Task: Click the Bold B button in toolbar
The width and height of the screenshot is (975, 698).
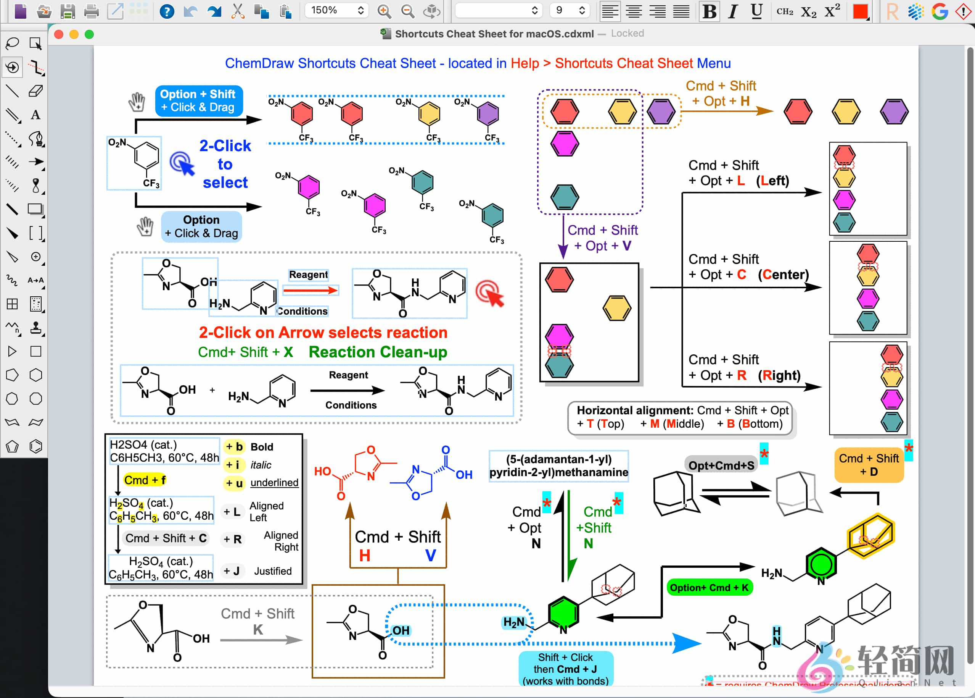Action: coord(709,11)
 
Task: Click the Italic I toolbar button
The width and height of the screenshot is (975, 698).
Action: coord(733,11)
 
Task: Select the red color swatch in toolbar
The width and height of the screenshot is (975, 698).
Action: coord(860,11)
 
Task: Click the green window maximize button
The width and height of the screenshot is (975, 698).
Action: coord(89,34)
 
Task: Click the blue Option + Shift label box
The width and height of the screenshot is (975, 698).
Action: coord(198,100)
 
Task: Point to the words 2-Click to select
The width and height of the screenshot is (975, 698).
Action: coord(225,164)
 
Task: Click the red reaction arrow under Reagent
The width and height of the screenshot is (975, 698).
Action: coord(310,291)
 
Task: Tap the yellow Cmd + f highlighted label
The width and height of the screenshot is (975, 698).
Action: coord(145,480)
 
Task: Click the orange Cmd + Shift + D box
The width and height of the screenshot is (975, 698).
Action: coord(869,465)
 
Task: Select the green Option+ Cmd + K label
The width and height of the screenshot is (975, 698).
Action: coord(709,588)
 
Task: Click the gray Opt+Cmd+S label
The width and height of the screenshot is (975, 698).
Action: coord(721,465)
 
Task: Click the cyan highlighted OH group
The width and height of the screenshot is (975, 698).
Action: coord(401,630)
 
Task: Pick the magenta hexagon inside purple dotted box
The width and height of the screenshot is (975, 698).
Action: coord(564,144)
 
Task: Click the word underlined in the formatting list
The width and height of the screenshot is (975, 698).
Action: coord(274,482)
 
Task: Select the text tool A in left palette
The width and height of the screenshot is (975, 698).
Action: coord(35,115)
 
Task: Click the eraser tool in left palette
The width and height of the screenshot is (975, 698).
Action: coord(35,91)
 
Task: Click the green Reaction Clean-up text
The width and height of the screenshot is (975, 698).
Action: coord(377,352)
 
